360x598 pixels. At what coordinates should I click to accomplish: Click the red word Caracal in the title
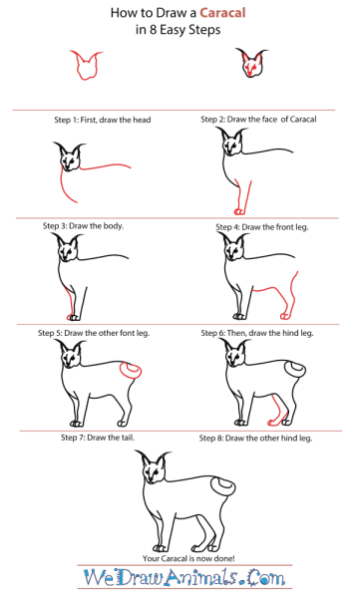222,13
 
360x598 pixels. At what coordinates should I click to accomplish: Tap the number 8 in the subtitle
153,30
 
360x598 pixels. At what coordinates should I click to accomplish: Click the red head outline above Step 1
86,65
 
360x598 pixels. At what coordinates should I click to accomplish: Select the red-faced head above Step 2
251,63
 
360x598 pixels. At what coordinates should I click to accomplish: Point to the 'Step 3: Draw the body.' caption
83,226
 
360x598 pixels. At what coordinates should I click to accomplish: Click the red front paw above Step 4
238,211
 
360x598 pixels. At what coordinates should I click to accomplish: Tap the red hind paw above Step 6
284,316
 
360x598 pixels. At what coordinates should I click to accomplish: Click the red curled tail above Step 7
131,371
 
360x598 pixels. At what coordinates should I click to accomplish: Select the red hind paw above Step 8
274,423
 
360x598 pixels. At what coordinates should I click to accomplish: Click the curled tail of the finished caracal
223,489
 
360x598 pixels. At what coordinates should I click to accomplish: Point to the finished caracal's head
154,467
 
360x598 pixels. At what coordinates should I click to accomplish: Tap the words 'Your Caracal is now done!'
188,558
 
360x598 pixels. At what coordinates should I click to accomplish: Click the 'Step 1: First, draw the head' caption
103,120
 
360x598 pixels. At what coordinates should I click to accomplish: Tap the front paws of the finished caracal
160,547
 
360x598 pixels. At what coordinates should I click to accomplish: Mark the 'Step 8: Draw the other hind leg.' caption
255,439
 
